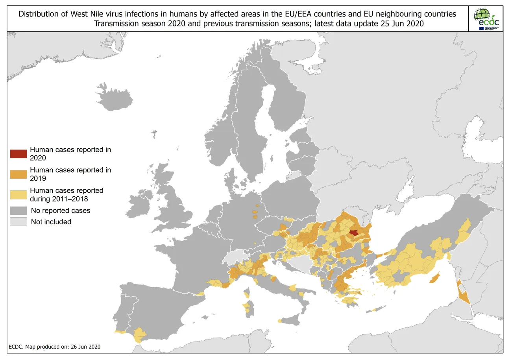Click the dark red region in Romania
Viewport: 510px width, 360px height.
pyautogui.click(x=354, y=233)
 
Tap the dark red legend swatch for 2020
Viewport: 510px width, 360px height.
pyautogui.click(x=18, y=153)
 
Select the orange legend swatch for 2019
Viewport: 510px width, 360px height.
pyautogui.click(x=18, y=174)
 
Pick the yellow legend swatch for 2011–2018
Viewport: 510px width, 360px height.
pyautogui.click(x=18, y=194)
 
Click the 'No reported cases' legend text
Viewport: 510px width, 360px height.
pyautogui.click(x=60, y=210)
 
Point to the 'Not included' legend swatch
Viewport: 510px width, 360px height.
pyautogui.click(x=18, y=222)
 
